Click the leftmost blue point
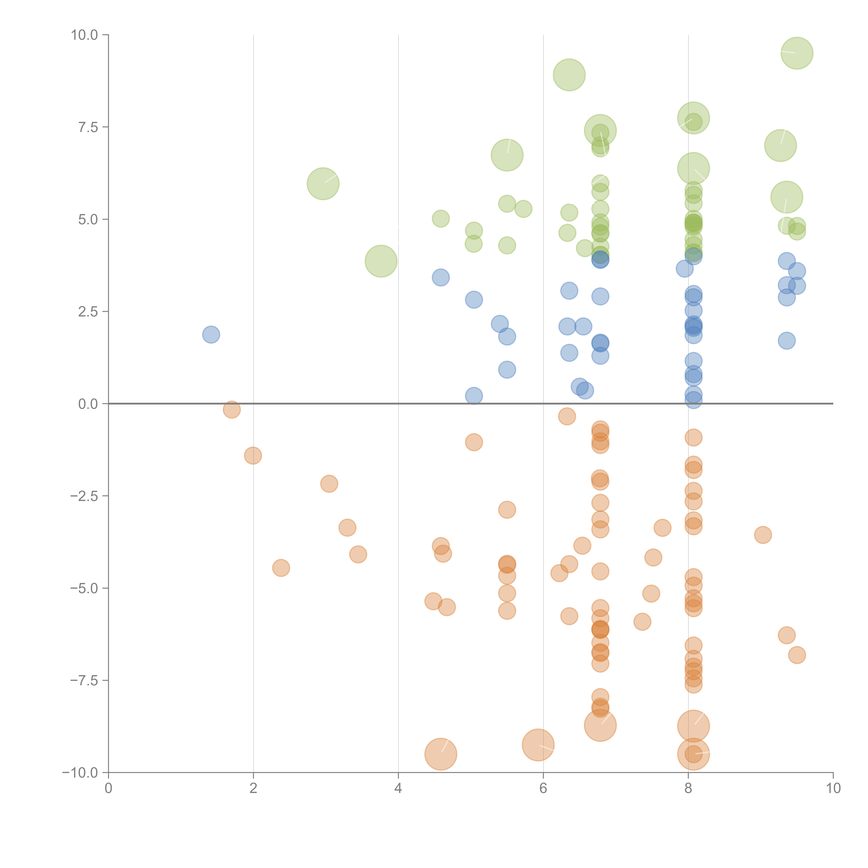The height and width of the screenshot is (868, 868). pyautogui.click(x=211, y=334)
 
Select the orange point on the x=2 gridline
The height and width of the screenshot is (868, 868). pyautogui.click(x=253, y=456)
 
